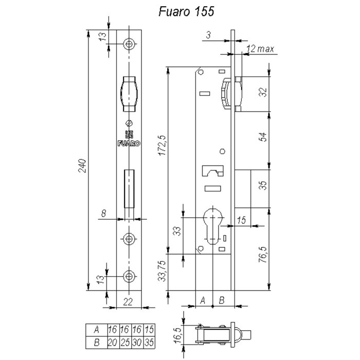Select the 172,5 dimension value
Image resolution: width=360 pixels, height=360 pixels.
coord(163,146)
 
